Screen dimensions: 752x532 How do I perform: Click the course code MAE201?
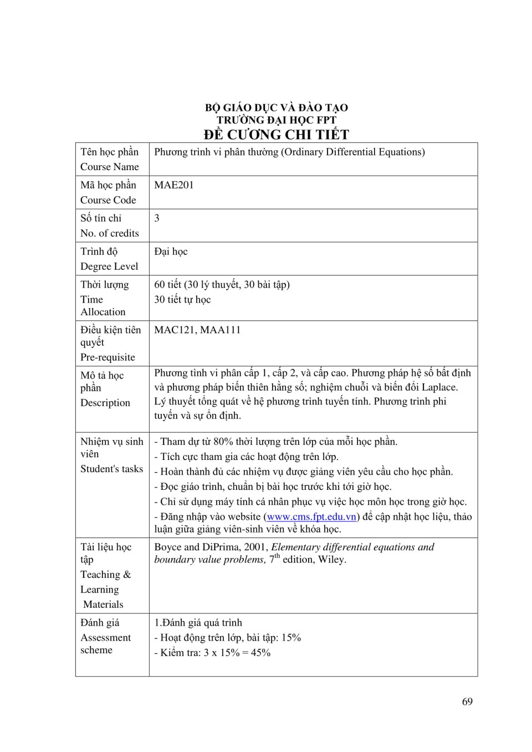(x=174, y=185)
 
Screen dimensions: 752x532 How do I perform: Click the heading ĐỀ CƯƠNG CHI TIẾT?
(x=276, y=135)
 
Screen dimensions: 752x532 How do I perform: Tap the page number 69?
(x=467, y=702)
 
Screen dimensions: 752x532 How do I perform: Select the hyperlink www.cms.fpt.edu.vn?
(x=311, y=517)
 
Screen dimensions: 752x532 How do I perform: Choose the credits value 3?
(x=157, y=218)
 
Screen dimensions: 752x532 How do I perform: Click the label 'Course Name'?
(x=110, y=167)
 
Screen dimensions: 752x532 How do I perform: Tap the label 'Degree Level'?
(x=109, y=267)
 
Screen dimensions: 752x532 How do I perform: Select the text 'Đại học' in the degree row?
(x=171, y=252)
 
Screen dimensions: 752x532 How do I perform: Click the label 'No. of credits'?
(x=110, y=233)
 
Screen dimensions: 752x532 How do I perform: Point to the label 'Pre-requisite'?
(x=108, y=357)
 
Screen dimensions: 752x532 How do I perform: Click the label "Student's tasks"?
(x=111, y=469)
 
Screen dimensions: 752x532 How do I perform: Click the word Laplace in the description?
(x=439, y=387)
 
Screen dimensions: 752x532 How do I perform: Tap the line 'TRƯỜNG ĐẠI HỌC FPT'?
(x=276, y=120)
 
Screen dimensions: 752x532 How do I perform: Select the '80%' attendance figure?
(x=223, y=442)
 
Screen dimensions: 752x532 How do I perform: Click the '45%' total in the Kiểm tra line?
(x=260, y=653)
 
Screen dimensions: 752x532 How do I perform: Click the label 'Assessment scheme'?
(x=105, y=644)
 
